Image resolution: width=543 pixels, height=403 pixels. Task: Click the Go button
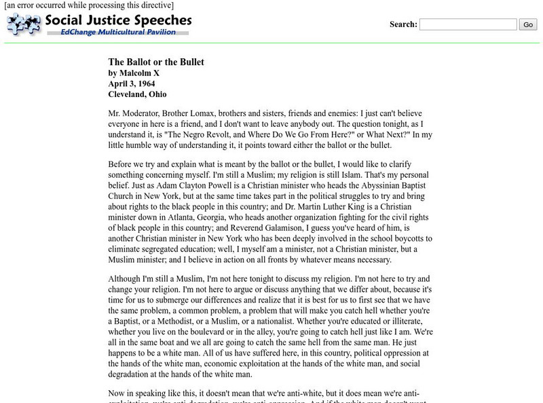click(527, 24)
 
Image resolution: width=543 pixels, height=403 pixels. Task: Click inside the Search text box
click(468, 24)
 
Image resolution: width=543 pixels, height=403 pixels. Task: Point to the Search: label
click(403, 24)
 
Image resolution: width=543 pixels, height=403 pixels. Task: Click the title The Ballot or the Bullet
click(156, 62)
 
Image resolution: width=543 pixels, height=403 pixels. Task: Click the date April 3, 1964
click(132, 83)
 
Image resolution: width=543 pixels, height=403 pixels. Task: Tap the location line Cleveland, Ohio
click(137, 94)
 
